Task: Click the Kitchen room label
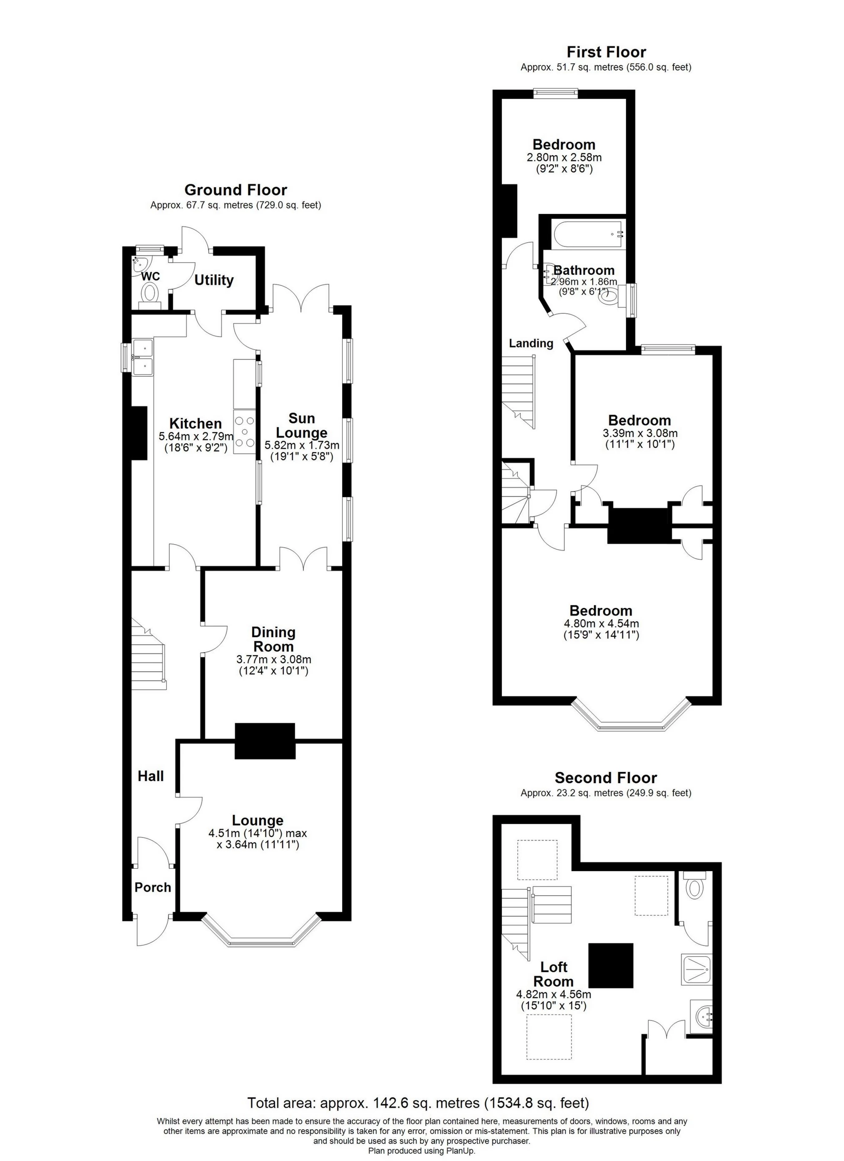(x=195, y=423)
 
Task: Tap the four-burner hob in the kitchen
(x=245, y=432)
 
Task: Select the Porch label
(x=153, y=887)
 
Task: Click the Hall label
(x=150, y=776)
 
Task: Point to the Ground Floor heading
(x=235, y=190)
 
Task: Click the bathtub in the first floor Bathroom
(x=589, y=234)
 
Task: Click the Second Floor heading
(x=606, y=778)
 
